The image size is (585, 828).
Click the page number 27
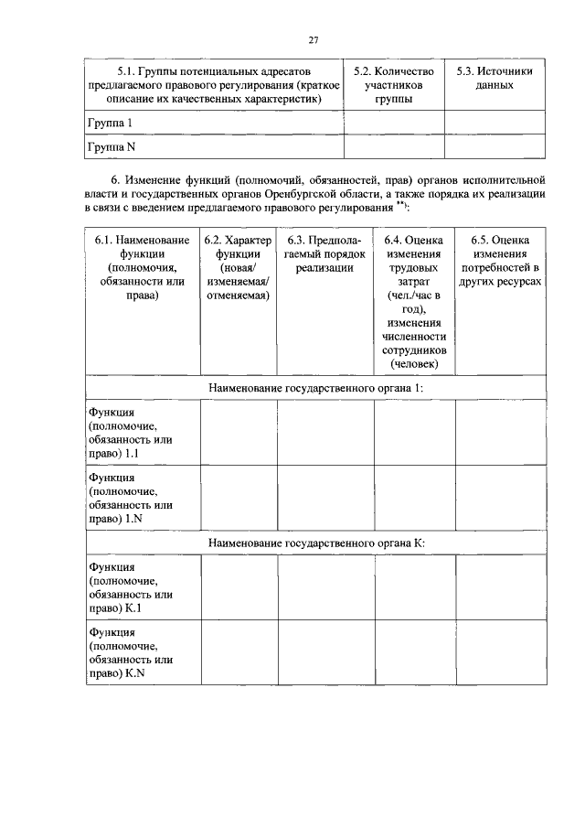point(313,39)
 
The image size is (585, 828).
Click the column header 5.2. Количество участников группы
point(393,84)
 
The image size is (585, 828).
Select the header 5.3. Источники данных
point(494,78)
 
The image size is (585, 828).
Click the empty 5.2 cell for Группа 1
point(393,123)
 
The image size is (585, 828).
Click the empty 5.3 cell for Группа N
point(494,146)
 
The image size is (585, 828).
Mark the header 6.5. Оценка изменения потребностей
point(498,261)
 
